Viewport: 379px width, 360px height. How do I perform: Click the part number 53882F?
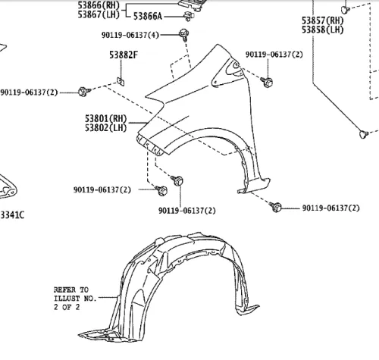[124, 55]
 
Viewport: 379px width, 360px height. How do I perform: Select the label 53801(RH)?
[106, 118]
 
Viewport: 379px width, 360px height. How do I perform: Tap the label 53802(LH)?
[106, 127]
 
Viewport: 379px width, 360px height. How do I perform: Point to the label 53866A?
[148, 17]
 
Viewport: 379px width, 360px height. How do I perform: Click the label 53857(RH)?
[323, 20]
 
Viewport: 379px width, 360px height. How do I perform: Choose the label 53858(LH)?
[323, 30]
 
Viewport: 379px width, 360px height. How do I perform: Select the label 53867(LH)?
[99, 14]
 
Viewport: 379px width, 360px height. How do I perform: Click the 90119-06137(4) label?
[130, 35]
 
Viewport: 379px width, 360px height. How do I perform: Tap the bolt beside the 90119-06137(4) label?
[184, 35]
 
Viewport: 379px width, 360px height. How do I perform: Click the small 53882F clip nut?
[121, 82]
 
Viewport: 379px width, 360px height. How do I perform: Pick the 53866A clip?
[189, 16]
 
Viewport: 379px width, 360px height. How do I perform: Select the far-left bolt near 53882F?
[84, 92]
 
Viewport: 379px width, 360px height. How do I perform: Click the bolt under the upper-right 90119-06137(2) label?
[267, 82]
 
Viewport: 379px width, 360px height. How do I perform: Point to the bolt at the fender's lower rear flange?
[275, 207]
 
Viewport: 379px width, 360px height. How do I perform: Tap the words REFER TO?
[71, 290]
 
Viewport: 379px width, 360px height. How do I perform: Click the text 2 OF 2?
[67, 307]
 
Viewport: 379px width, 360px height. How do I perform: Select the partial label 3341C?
[12, 215]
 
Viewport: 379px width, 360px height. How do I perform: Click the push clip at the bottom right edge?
[364, 134]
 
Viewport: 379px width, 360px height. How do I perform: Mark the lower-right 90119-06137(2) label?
[331, 208]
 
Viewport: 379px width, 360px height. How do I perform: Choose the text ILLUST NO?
[75, 299]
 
